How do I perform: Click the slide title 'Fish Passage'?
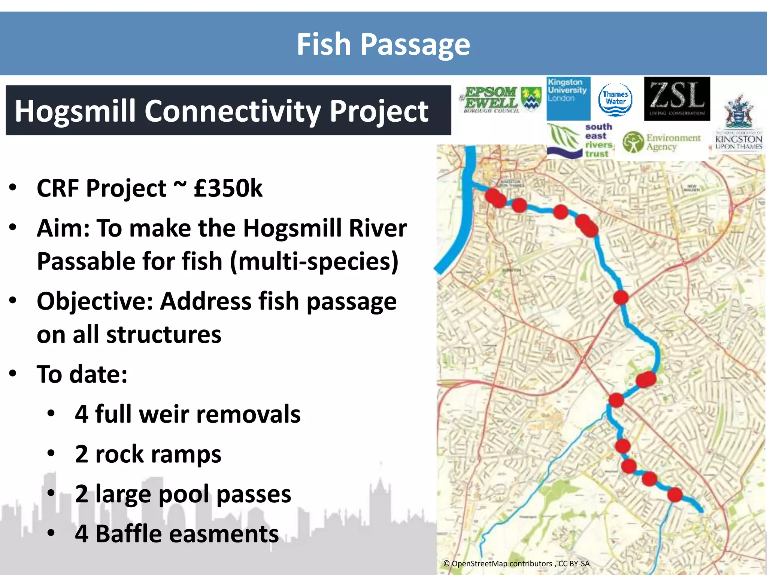tap(383, 44)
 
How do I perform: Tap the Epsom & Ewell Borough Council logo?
tap(500, 99)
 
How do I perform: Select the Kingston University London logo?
tap(568, 98)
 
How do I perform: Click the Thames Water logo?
tap(615, 99)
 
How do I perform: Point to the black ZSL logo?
tap(677, 98)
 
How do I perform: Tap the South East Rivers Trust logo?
tap(580, 141)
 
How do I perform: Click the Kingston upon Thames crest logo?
tap(738, 124)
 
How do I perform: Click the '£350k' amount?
tap(228, 188)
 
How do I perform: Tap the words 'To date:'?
tap(82, 374)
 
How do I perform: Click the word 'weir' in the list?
tap(194, 414)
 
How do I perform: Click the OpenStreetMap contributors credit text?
tap(516, 564)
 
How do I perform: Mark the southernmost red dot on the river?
tap(675, 495)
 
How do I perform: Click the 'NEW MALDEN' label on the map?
tap(692, 188)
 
